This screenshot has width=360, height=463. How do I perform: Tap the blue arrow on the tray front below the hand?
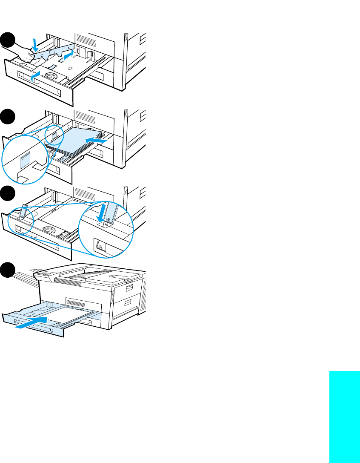point(37,75)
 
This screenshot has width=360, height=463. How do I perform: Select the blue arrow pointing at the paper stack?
point(96,139)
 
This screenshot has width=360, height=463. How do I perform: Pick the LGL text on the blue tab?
point(109,220)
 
